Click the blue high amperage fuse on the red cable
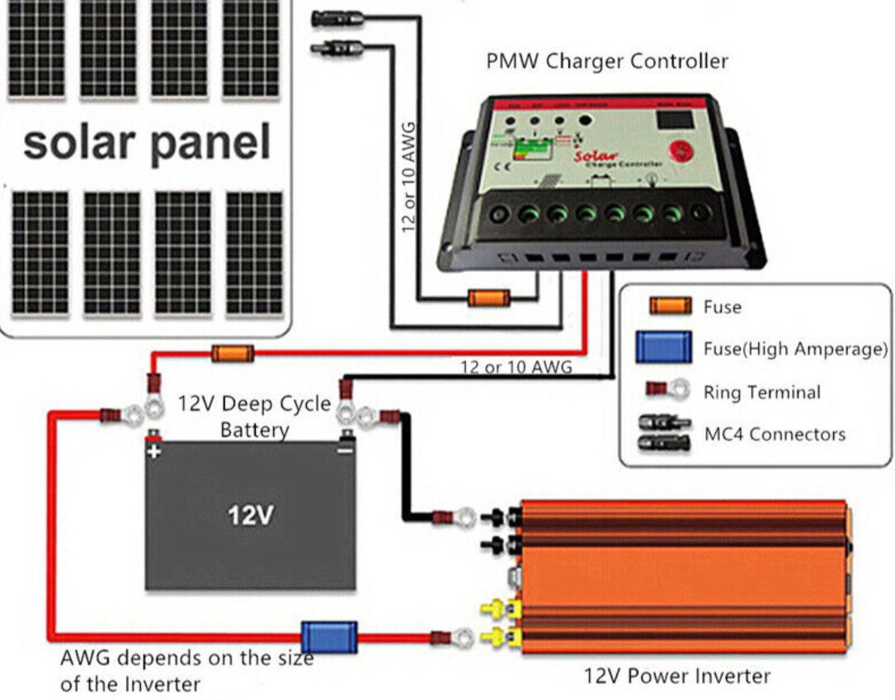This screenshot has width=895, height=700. point(328,637)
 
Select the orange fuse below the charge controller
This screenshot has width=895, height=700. point(488,298)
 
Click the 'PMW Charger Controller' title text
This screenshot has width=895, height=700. point(607,61)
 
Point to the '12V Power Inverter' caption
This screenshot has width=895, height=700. point(676,677)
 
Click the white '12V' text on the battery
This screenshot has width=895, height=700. point(251,515)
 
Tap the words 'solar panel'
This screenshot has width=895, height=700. point(147,142)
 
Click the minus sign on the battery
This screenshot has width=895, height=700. point(346,450)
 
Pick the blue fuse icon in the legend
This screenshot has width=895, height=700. point(663,348)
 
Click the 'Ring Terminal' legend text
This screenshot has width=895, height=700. point(761,392)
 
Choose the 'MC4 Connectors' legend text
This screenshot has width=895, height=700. point(775,434)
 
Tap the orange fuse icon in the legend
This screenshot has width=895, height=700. point(670,307)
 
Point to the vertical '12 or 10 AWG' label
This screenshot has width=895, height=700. point(408,176)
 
